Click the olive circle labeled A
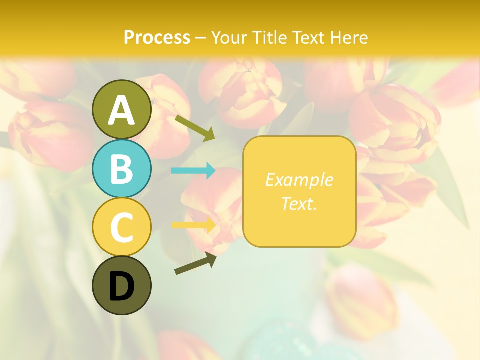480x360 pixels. pyautogui.click(x=121, y=109)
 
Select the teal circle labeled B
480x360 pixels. pyautogui.click(x=121, y=168)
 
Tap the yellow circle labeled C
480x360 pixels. pyautogui.click(x=121, y=227)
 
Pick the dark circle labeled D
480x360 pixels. pyautogui.click(x=121, y=285)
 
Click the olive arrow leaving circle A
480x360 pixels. pyautogui.click(x=195, y=127)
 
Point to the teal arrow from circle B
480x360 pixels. pyautogui.click(x=193, y=171)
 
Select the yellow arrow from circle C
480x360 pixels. pyautogui.click(x=193, y=225)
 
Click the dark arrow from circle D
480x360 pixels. pyautogui.click(x=195, y=263)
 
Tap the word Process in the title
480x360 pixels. pyautogui.click(x=157, y=37)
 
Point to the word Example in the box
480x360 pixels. pyautogui.click(x=299, y=180)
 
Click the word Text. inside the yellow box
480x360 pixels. pyautogui.click(x=299, y=203)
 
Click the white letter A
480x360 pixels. pyautogui.click(x=121, y=110)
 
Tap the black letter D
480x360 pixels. pyautogui.click(x=121, y=287)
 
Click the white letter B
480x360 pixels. pyautogui.click(x=121, y=169)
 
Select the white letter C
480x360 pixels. pyautogui.click(x=121, y=228)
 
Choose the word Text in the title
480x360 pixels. pyautogui.click(x=307, y=37)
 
